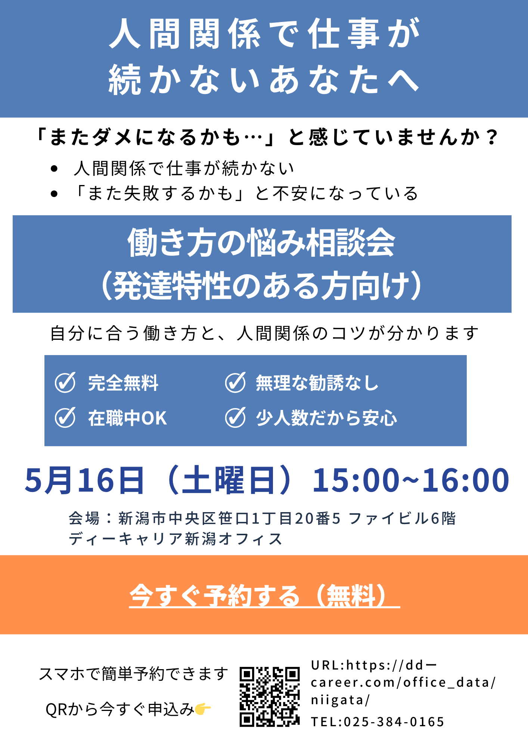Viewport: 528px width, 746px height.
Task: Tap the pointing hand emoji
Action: tap(203, 709)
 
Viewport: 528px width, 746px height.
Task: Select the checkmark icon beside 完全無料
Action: tap(65, 382)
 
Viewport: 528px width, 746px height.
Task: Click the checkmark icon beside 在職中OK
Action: tap(65, 417)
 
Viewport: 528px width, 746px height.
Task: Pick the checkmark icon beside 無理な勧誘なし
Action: tap(236, 382)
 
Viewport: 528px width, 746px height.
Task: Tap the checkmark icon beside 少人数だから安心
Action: tap(236, 417)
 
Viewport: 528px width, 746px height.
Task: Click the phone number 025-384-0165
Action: tap(394, 722)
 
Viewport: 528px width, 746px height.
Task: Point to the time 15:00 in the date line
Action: tap(356, 480)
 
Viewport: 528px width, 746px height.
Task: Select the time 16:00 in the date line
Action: tap(465, 480)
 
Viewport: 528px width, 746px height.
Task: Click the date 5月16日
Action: tap(84, 480)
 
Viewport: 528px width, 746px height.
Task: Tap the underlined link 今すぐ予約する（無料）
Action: tap(264, 595)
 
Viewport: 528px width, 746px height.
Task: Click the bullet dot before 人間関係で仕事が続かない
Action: tap(55, 169)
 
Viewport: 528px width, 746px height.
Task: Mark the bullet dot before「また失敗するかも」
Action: tap(55, 194)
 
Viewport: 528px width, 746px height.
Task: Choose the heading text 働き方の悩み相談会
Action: tap(261, 243)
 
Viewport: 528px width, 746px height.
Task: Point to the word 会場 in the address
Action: tap(84, 518)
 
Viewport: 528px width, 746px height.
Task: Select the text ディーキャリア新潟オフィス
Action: tap(176, 539)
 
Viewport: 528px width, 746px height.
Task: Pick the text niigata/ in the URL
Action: tap(340, 700)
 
